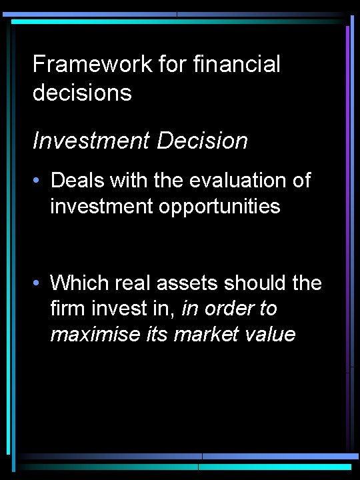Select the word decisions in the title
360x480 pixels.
click(x=82, y=93)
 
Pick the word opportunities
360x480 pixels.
click(x=219, y=207)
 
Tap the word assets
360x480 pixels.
click(x=182, y=283)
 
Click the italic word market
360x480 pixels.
click(x=202, y=334)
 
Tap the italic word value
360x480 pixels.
click(x=270, y=334)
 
